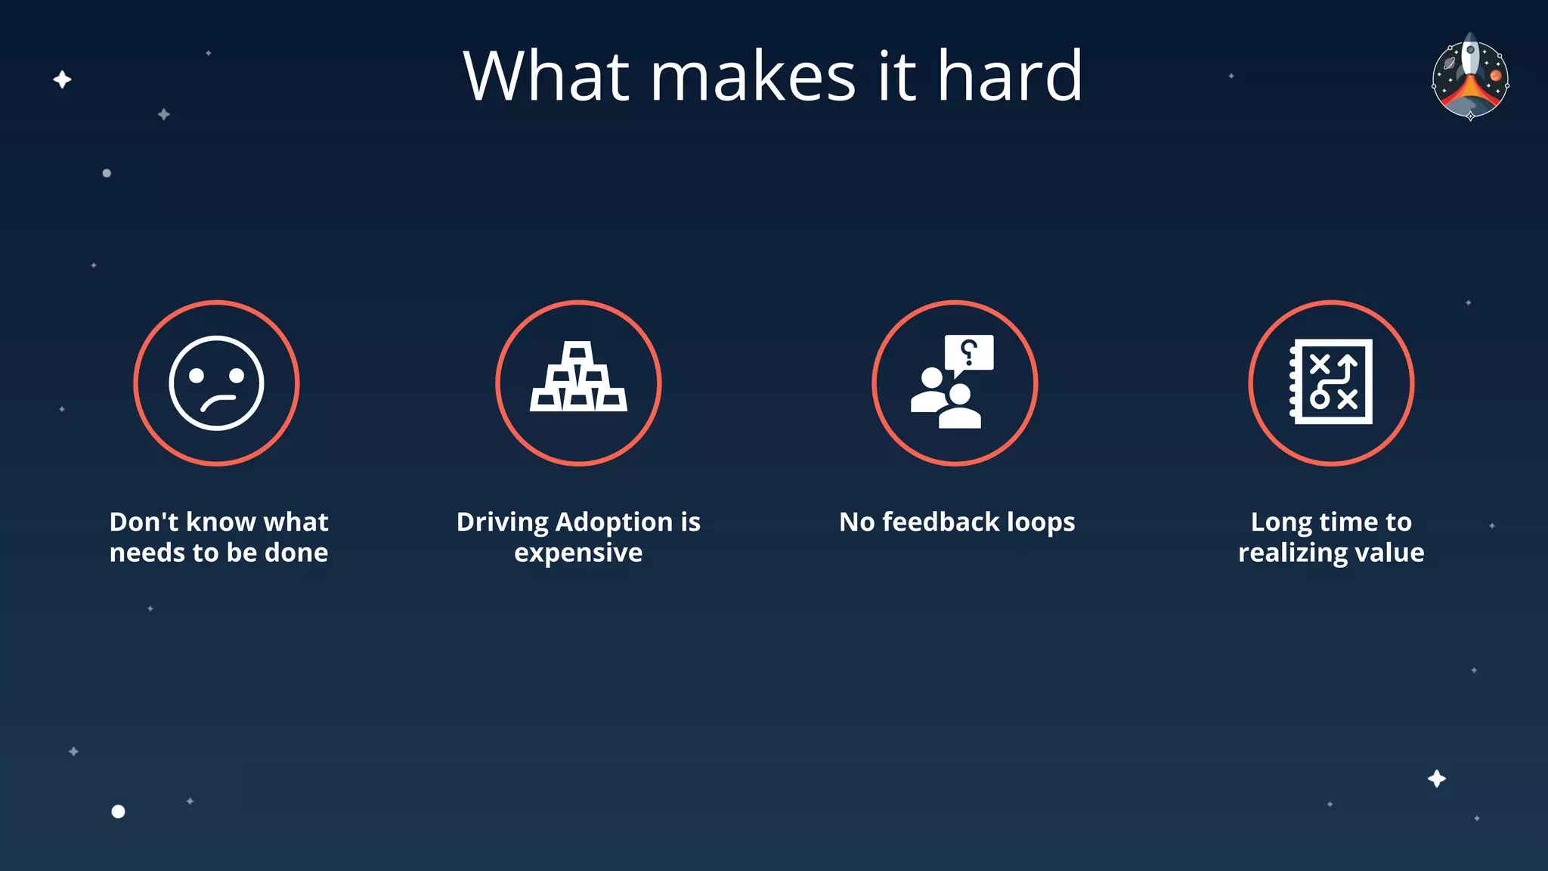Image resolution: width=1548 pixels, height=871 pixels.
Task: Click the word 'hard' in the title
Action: (1010, 76)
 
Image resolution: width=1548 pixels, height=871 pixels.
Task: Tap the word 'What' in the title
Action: (546, 76)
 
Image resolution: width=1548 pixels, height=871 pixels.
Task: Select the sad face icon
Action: (217, 383)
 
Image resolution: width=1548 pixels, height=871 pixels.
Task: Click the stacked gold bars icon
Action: (578, 377)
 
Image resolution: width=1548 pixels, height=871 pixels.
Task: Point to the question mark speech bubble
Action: (969, 353)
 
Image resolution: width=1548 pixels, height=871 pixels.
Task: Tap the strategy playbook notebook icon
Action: (1331, 382)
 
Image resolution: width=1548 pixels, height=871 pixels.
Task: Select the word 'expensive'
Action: (578, 553)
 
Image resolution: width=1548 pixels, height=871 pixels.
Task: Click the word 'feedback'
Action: (941, 522)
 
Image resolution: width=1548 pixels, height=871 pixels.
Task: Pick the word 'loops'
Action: (1041, 522)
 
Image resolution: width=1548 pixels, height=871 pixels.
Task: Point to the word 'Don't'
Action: (144, 522)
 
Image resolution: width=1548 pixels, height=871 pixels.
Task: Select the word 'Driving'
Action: (502, 522)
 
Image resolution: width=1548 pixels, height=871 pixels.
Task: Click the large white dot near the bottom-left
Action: (118, 811)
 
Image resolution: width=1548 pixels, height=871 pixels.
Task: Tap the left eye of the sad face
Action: (197, 375)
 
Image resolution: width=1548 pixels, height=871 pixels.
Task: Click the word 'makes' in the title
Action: (753, 76)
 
